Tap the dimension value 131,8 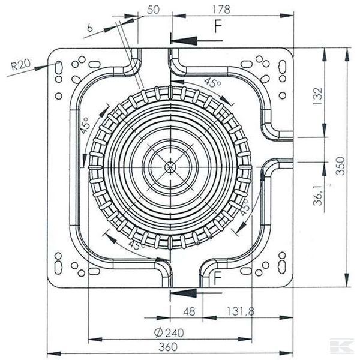click(243, 311)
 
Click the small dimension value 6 click(89, 26)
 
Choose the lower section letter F click(218, 278)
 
